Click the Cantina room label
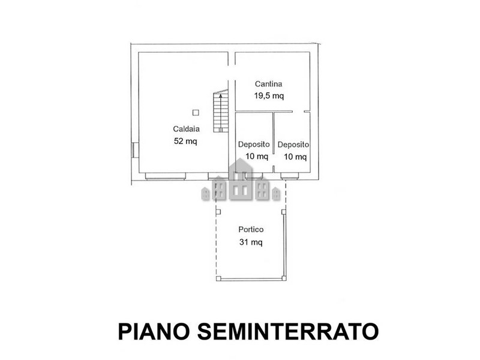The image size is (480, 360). (268, 83)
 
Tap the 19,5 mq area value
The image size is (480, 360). (269, 96)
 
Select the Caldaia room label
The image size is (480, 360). (186, 129)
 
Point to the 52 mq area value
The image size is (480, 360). (185, 141)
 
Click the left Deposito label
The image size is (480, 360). (254, 144)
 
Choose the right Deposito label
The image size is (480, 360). (293, 145)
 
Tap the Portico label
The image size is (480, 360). (251, 229)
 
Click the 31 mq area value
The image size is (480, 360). (251, 242)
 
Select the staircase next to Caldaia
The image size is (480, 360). (221, 111)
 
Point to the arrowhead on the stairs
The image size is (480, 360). (221, 95)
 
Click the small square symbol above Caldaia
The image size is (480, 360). (196, 113)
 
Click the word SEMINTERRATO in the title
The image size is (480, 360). (288, 331)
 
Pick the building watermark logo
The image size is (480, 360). (241, 182)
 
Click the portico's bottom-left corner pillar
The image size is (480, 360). (218, 278)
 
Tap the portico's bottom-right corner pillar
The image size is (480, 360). (284, 278)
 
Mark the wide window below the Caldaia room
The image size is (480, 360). (166, 176)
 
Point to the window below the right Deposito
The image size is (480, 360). (290, 176)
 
